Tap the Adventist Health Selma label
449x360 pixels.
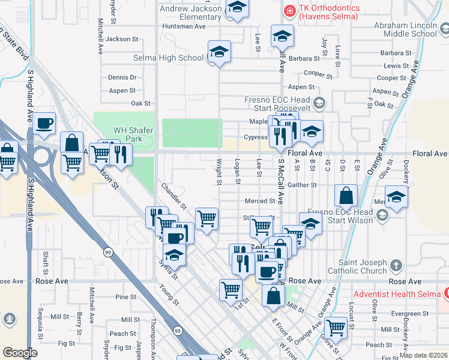pos(398,294)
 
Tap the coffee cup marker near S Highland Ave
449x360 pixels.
pos(44,124)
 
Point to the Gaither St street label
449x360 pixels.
pos(301,185)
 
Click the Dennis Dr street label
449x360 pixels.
pos(122,77)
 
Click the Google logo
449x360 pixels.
pos(20,353)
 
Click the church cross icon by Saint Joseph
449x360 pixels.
pos(396,265)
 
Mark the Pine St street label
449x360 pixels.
pos(126,297)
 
